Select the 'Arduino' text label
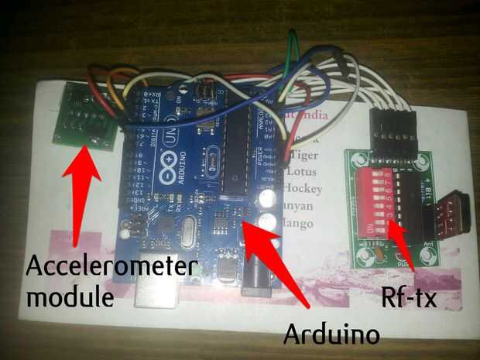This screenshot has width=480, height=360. point(331,334)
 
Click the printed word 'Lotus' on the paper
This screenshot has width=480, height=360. point(299,170)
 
